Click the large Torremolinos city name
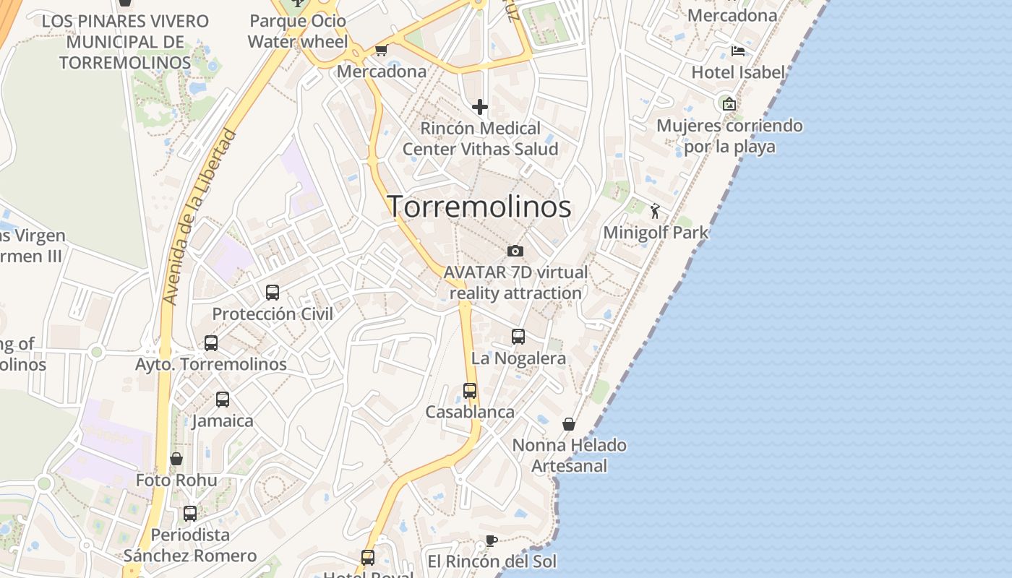[479, 207]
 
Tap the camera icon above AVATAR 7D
[515, 251]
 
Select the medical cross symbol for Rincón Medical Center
[479, 108]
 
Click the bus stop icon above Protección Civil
[273, 293]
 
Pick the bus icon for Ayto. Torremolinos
[211, 343]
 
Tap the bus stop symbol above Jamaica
[223, 400]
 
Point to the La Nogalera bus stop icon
[518, 337]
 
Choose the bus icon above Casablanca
[470, 391]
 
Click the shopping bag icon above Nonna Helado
[569, 424]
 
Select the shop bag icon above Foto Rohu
[176, 459]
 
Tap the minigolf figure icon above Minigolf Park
[655, 211]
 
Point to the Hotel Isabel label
[738, 72]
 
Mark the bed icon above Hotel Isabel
[738, 51]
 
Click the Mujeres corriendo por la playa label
[729, 136]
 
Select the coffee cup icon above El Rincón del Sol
[491, 540]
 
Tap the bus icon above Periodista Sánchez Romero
[190, 514]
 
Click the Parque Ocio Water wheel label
[298, 32]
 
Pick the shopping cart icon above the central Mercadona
[381, 51]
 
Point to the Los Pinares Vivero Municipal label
[125, 42]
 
